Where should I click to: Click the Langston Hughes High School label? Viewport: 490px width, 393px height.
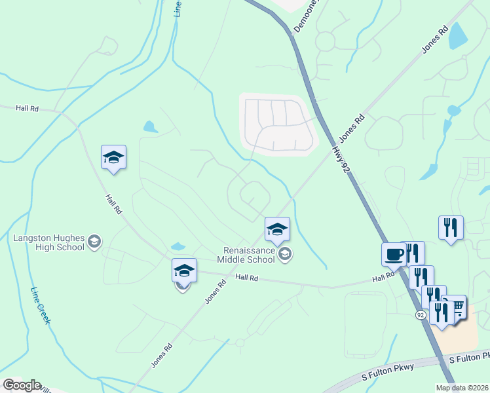coord(48,242)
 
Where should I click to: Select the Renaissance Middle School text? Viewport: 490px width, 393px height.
coord(248,255)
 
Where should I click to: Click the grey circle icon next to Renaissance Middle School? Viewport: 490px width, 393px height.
coord(284,254)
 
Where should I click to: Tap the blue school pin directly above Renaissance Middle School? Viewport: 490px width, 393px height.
coord(277,229)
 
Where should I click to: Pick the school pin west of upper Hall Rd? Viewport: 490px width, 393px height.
coord(113,158)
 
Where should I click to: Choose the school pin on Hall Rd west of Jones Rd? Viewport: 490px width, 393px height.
coord(184,271)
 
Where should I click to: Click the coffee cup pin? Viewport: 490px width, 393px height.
coord(394,254)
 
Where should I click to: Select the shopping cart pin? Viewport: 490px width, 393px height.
coord(457,307)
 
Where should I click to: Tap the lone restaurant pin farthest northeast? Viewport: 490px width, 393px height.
coord(451,228)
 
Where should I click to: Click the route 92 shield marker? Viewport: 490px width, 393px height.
coord(421,315)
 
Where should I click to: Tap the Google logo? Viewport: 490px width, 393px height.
coord(22,385)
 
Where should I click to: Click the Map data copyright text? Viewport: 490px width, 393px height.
coord(462,388)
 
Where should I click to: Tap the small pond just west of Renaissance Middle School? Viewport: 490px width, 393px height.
coord(178,247)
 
